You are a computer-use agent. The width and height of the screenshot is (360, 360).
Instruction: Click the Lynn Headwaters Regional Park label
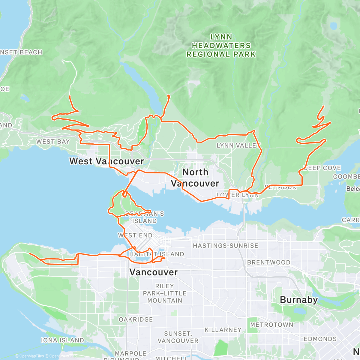pos(221,46)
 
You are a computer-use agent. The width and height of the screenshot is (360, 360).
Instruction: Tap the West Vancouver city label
pos(106,161)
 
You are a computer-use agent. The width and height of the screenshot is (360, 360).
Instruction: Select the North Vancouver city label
pos(195,178)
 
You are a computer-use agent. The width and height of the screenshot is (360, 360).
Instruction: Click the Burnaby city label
pos(298,300)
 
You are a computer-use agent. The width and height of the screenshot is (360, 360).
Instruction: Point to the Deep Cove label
pos(322,168)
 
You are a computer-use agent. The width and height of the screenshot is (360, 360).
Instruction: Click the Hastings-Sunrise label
pos(225,246)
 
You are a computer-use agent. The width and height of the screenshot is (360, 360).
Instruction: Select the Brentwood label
pos(268,262)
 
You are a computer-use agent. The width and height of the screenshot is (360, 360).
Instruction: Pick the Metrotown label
pos(271,325)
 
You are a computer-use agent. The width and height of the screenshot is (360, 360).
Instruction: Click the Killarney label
pos(223,330)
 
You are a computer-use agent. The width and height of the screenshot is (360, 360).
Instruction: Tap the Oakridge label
pos(136,319)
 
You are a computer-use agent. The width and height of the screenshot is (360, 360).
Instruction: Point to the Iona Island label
pos(62,340)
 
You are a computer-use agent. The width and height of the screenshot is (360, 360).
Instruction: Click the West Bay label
pos(53,142)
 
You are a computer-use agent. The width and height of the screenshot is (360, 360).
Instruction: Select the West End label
pos(135,235)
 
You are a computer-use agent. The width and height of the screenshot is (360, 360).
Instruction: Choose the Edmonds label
pos(320,339)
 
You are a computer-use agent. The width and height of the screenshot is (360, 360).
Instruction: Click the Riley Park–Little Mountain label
pos(165,293)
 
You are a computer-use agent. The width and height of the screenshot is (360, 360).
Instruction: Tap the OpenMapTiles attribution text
pos(29,356)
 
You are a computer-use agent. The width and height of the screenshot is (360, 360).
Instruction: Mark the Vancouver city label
pos(153,272)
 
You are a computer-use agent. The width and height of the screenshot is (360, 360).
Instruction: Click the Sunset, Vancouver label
pos(178,337)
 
